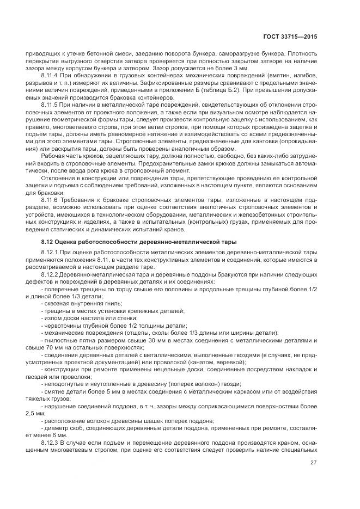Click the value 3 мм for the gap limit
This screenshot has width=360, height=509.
(x=234, y=69)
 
